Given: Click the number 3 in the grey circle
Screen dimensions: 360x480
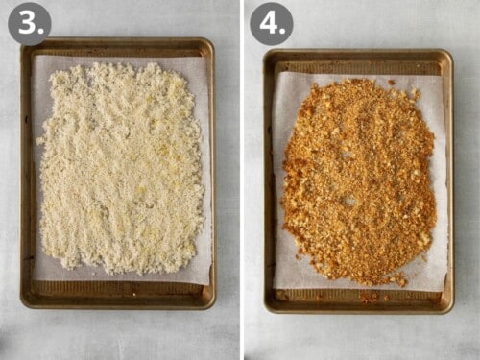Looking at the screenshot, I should (29, 23).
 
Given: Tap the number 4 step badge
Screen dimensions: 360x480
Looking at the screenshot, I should (271, 23).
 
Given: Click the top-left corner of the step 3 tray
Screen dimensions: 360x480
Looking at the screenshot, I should (23, 40).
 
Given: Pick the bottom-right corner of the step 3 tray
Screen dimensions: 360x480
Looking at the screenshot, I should (214, 306).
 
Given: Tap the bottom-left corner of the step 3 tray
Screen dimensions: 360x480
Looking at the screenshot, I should (23, 306).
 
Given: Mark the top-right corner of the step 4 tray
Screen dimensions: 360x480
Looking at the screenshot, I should (451, 52).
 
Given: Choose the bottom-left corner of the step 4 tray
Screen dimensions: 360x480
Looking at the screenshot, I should (266, 312).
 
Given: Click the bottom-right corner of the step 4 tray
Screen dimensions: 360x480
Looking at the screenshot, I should (452, 312).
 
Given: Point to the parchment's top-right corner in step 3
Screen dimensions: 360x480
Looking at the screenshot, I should (207, 57).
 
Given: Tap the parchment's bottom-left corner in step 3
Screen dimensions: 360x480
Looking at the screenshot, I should (33, 280).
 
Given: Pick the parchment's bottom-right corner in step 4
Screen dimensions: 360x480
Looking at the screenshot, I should (446, 290).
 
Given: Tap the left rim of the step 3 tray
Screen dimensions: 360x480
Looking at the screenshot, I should (27, 173).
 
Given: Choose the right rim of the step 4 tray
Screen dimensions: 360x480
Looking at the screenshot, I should (449, 182).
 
